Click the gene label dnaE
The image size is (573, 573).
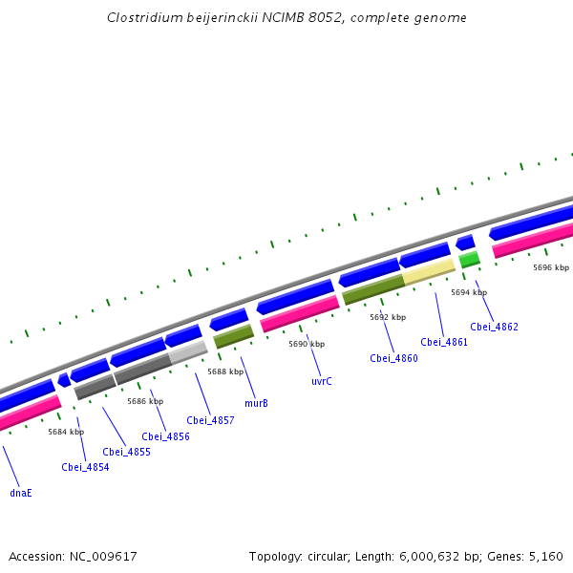(21, 493)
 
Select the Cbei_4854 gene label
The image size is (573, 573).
(85, 467)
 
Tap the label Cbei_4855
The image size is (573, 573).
(127, 452)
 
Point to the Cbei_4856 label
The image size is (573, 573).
(165, 436)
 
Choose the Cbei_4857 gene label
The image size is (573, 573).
(210, 420)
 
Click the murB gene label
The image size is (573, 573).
(256, 403)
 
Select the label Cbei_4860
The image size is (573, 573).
(393, 358)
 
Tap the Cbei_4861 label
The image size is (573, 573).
(444, 342)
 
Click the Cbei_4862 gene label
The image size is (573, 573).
(494, 327)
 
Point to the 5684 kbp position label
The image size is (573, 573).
(66, 432)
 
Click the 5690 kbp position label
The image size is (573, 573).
(307, 344)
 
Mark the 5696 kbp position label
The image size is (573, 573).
(551, 267)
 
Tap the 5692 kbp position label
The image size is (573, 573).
(388, 317)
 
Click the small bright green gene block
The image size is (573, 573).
(469, 259)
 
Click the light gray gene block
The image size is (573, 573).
(188, 353)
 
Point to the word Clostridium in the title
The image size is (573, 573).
(142, 18)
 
